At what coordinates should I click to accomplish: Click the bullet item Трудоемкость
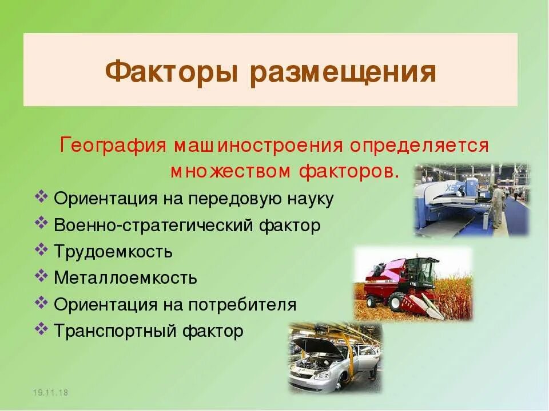(x=113, y=252)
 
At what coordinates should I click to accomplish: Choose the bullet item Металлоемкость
(x=125, y=278)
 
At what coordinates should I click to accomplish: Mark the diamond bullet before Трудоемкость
(x=41, y=250)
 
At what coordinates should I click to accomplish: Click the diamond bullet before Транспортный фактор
(x=41, y=329)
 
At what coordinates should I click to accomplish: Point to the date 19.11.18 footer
(x=50, y=393)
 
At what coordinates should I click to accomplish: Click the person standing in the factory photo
(x=498, y=205)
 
